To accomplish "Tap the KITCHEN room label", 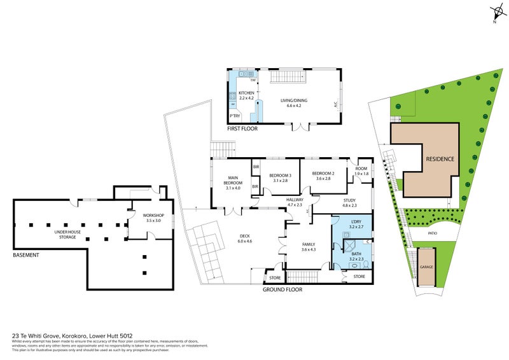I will tap(246, 93).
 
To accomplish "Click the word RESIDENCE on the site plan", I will tap(439, 158).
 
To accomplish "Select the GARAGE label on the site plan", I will tap(426, 267).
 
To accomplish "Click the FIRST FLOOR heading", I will tap(242, 129).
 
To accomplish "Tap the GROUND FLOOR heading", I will tap(283, 289).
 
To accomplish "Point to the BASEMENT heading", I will tap(25, 255).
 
